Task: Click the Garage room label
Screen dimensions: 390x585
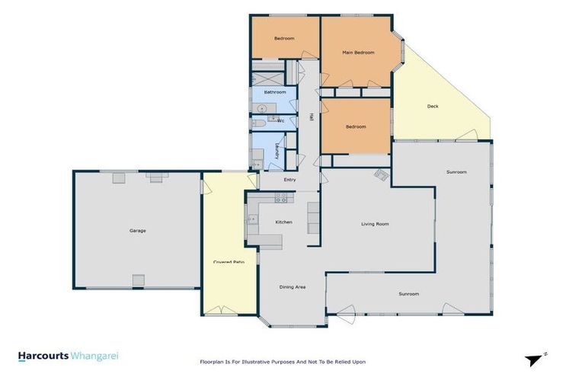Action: pyautogui.click(x=137, y=230)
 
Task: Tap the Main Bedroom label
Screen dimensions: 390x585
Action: pyautogui.click(x=358, y=53)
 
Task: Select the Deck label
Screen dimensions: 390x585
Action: pyautogui.click(x=432, y=106)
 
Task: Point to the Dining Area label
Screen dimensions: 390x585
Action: pyautogui.click(x=292, y=287)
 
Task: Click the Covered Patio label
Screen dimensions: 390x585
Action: pyautogui.click(x=228, y=263)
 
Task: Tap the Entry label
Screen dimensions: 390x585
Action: pyautogui.click(x=289, y=180)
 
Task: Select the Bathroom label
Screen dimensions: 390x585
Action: pyautogui.click(x=274, y=92)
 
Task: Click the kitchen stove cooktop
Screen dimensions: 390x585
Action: pyautogui.click(x=280, y=199)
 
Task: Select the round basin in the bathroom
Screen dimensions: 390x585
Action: pyautogui.click(x=261, y=108)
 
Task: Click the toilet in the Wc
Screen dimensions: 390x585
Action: pyautogui.click(x=258, y=122)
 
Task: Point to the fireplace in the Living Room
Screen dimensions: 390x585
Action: pyautogui.click(x=379, y=175)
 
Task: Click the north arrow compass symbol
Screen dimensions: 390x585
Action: pyautogui.click(x=535, y=360)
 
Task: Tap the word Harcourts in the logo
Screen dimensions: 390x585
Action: pyautogui.click(x=43, y=356)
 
